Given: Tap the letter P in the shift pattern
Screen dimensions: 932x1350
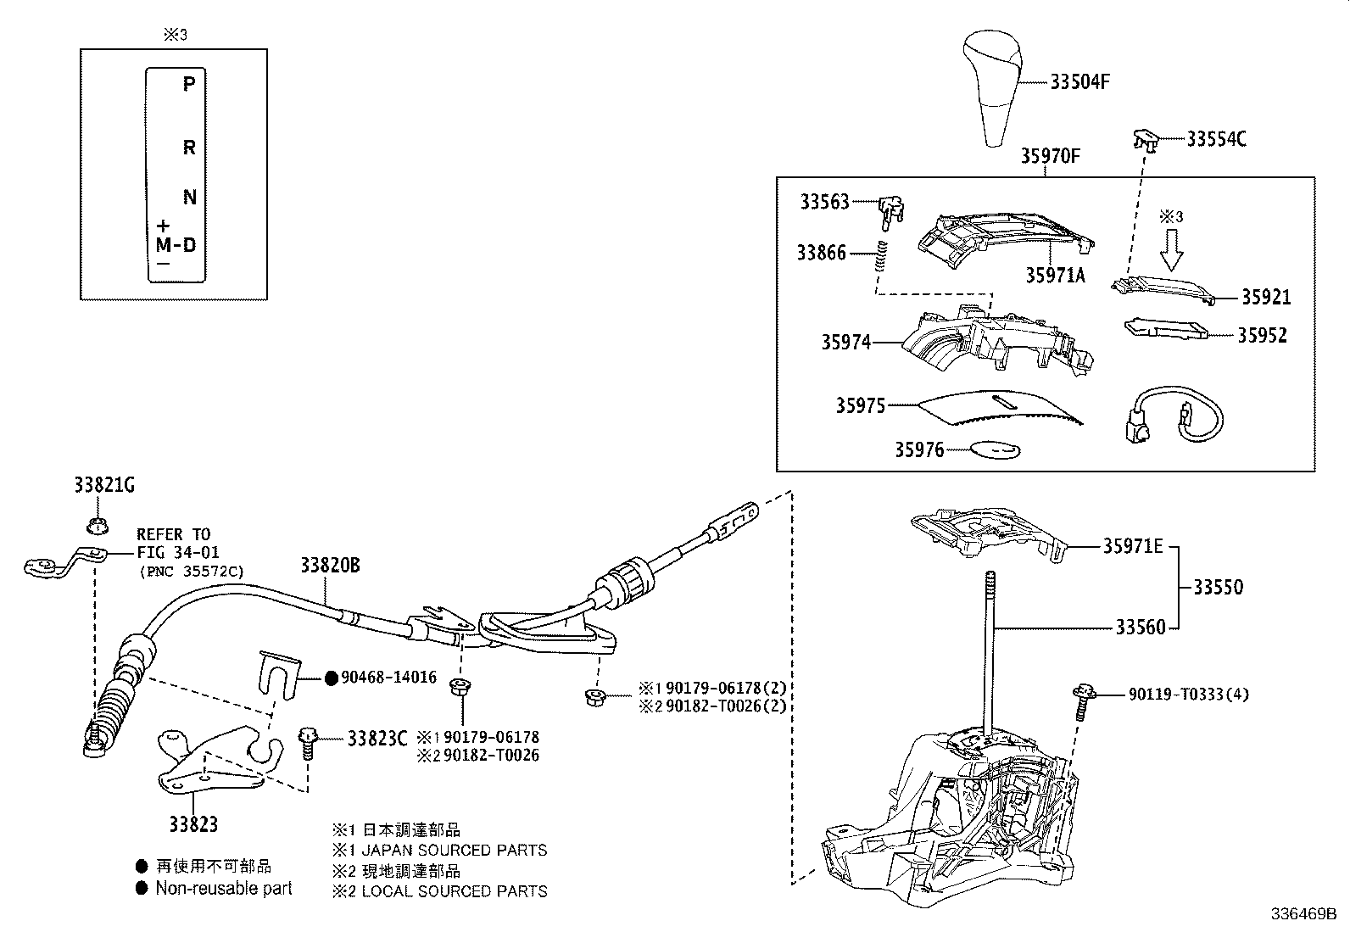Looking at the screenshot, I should coord(189,83).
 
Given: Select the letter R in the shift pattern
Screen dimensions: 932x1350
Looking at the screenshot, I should coord(189,148).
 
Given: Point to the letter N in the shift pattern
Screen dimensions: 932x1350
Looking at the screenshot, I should coord(190,198).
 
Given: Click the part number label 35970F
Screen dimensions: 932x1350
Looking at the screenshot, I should coord(1050,157).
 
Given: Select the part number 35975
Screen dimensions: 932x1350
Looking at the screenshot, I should coord(860,406).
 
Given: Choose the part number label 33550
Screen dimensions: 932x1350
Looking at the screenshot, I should coord(1218,587).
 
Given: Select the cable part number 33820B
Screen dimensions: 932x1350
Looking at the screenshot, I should coord(329,565).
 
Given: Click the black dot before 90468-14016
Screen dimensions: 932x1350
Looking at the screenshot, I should coord(332,678).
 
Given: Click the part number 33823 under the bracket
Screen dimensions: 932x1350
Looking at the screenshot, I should coord(192,823).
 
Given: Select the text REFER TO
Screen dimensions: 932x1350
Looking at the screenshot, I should coord(173,534).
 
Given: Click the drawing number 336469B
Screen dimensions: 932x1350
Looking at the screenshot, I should coord(1303,915).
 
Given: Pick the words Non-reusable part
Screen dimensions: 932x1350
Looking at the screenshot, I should coord(224,888).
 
